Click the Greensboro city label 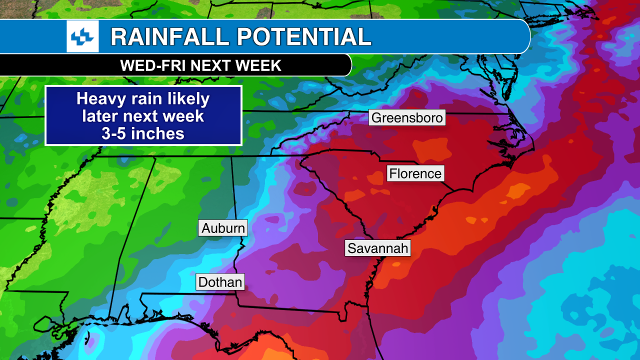tap(407, 117)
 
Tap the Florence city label tap(415, 173)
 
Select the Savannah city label tap(377, 248)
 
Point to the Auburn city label tap(223, 228)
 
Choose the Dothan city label tap(220, 282)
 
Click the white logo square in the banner tap(82, 36)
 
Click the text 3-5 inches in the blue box tap(143, 133)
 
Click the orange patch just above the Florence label tap(431, 149)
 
